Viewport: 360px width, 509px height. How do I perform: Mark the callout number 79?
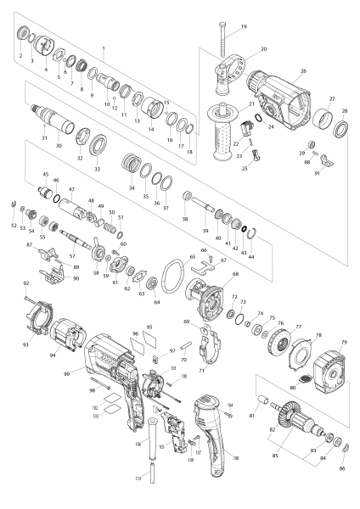click(x=344, y=343)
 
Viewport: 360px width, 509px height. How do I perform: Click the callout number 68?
click(x=234, y=274)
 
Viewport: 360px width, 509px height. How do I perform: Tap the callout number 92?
click(x=26, y=282)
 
